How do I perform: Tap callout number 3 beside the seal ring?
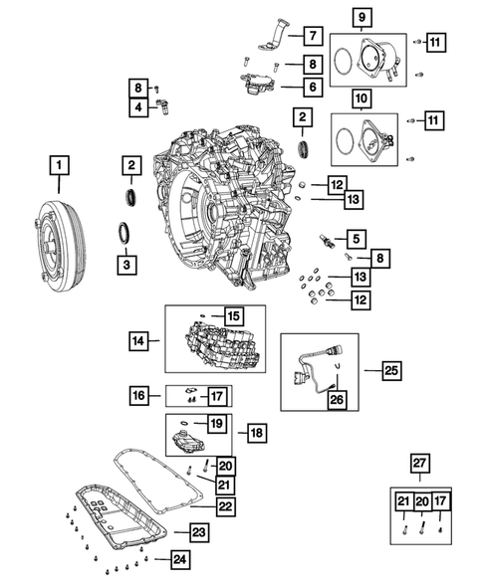[126, 265]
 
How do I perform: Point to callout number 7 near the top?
[311, 37]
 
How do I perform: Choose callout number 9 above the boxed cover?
[361, 17]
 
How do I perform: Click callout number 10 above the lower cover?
[361, 99]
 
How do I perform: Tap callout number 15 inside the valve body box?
[231, 315]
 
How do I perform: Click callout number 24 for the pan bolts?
[180, 560]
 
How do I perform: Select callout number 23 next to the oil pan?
[199, 533]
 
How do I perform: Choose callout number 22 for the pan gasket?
[226, 506]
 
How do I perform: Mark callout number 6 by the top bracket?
[311, 87]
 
